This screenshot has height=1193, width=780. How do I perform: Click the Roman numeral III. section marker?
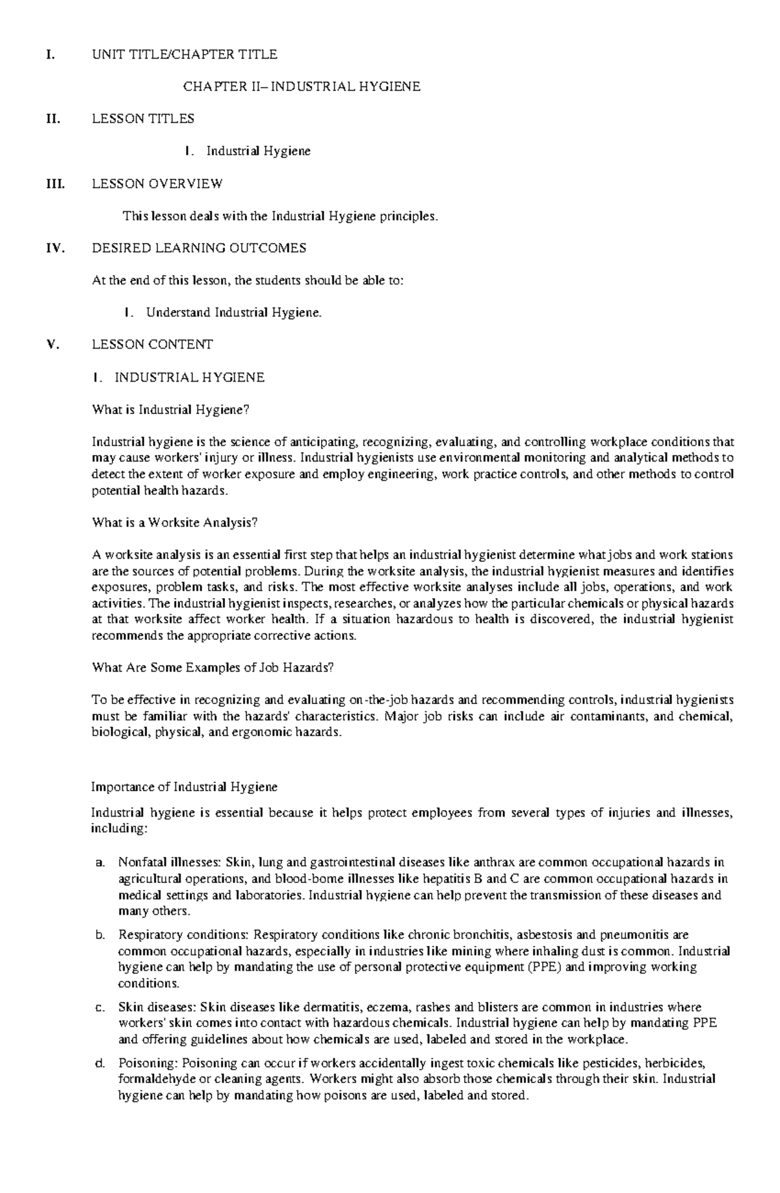coord(54,184)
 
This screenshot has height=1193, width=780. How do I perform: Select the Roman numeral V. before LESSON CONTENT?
coord(53,345)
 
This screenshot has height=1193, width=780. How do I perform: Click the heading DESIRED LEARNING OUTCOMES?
coord(199,248)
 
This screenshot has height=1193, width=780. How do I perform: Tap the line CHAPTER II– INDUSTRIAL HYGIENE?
coord(302,86)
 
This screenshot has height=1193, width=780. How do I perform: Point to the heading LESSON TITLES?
coord(143,119)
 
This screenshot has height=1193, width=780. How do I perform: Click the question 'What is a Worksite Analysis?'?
coord(175,523)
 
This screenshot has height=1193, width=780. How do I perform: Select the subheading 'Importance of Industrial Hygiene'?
coord(185,787)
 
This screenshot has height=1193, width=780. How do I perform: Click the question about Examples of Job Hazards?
coord(213,668)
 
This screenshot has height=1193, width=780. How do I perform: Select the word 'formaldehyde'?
coord(154,1079)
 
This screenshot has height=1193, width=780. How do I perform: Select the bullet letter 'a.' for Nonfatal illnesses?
coord(99,863)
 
